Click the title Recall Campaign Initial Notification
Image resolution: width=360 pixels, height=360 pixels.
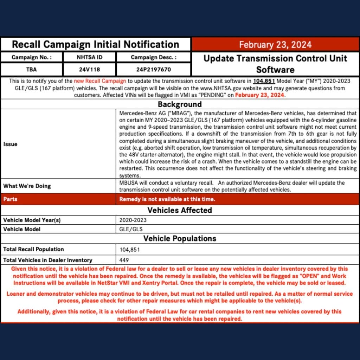[x=95, y=45]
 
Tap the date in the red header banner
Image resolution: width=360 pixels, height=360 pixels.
[x=275, y=45]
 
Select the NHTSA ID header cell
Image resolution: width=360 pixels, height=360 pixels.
[x=90, y=57]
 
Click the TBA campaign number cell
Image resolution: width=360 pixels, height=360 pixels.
[x=32, y=70]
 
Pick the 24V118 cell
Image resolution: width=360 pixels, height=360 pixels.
[x=90, y=70]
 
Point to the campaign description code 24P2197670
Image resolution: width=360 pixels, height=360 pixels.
[x=154, y=70]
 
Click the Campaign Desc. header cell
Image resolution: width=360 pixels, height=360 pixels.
[x=154, y=57]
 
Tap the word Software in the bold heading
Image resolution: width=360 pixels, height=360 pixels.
[x=275, y=69]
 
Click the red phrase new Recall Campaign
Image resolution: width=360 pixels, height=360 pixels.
[x=100, y=81]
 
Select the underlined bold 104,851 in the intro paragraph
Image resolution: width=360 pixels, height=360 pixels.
[x=264, y=81]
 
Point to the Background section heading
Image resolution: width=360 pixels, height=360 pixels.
[x=180, y=104]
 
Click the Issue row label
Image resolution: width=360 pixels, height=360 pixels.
[x=10, y=144]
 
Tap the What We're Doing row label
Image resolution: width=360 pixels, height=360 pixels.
[x=27, y=186]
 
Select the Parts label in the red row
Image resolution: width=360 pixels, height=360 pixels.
[x=10, y=199]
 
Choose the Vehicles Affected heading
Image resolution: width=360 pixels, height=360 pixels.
[x=180, y=210]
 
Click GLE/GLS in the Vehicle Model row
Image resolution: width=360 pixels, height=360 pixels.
[x=131, y=229]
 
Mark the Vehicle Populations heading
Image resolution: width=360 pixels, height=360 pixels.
[x=180, y=239]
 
